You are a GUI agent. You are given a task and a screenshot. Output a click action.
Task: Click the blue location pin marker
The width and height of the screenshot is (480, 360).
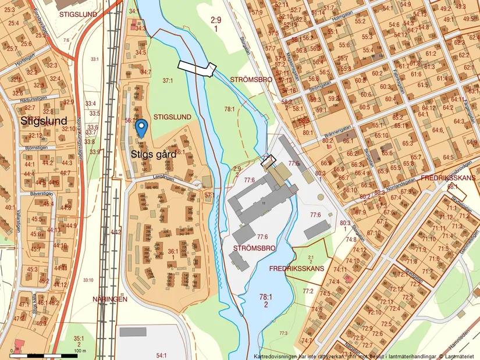[x=141, y=127]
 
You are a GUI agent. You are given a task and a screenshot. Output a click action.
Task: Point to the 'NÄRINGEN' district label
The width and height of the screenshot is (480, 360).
[x=109, y=298]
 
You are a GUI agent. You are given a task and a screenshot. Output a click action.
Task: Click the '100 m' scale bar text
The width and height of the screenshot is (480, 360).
[x=80, y=351]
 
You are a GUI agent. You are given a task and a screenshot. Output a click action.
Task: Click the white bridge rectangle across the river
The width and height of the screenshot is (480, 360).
[x=197, y=68]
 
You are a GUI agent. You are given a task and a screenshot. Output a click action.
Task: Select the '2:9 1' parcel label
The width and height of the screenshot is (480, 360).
[x=216, y=24]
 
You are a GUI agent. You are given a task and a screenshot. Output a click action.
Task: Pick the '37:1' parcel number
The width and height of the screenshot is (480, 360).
[x=168, y=81]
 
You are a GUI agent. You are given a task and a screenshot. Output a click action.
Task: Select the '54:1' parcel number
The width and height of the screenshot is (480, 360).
[x=161, y=355]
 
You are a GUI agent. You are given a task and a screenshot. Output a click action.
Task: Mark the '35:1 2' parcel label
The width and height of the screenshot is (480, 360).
[x=79, y=341]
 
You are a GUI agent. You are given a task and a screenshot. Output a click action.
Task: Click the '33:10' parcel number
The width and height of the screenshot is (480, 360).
[x=88, y=280]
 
